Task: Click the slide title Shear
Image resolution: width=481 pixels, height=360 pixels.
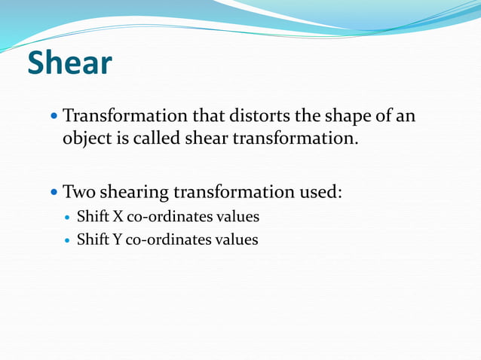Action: (x=69, y=63)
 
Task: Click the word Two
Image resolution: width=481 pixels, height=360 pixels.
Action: (x=81, y=191)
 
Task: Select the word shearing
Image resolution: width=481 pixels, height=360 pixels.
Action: (x=139, y=192)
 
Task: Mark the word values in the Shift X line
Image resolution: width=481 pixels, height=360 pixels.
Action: (x=235, y=217)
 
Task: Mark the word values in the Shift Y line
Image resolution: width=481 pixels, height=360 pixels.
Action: (x=234, y=240)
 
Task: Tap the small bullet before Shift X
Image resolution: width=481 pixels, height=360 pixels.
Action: (x=67, y=218)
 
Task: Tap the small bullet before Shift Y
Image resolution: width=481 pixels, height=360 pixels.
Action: (x=67, y=241)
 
